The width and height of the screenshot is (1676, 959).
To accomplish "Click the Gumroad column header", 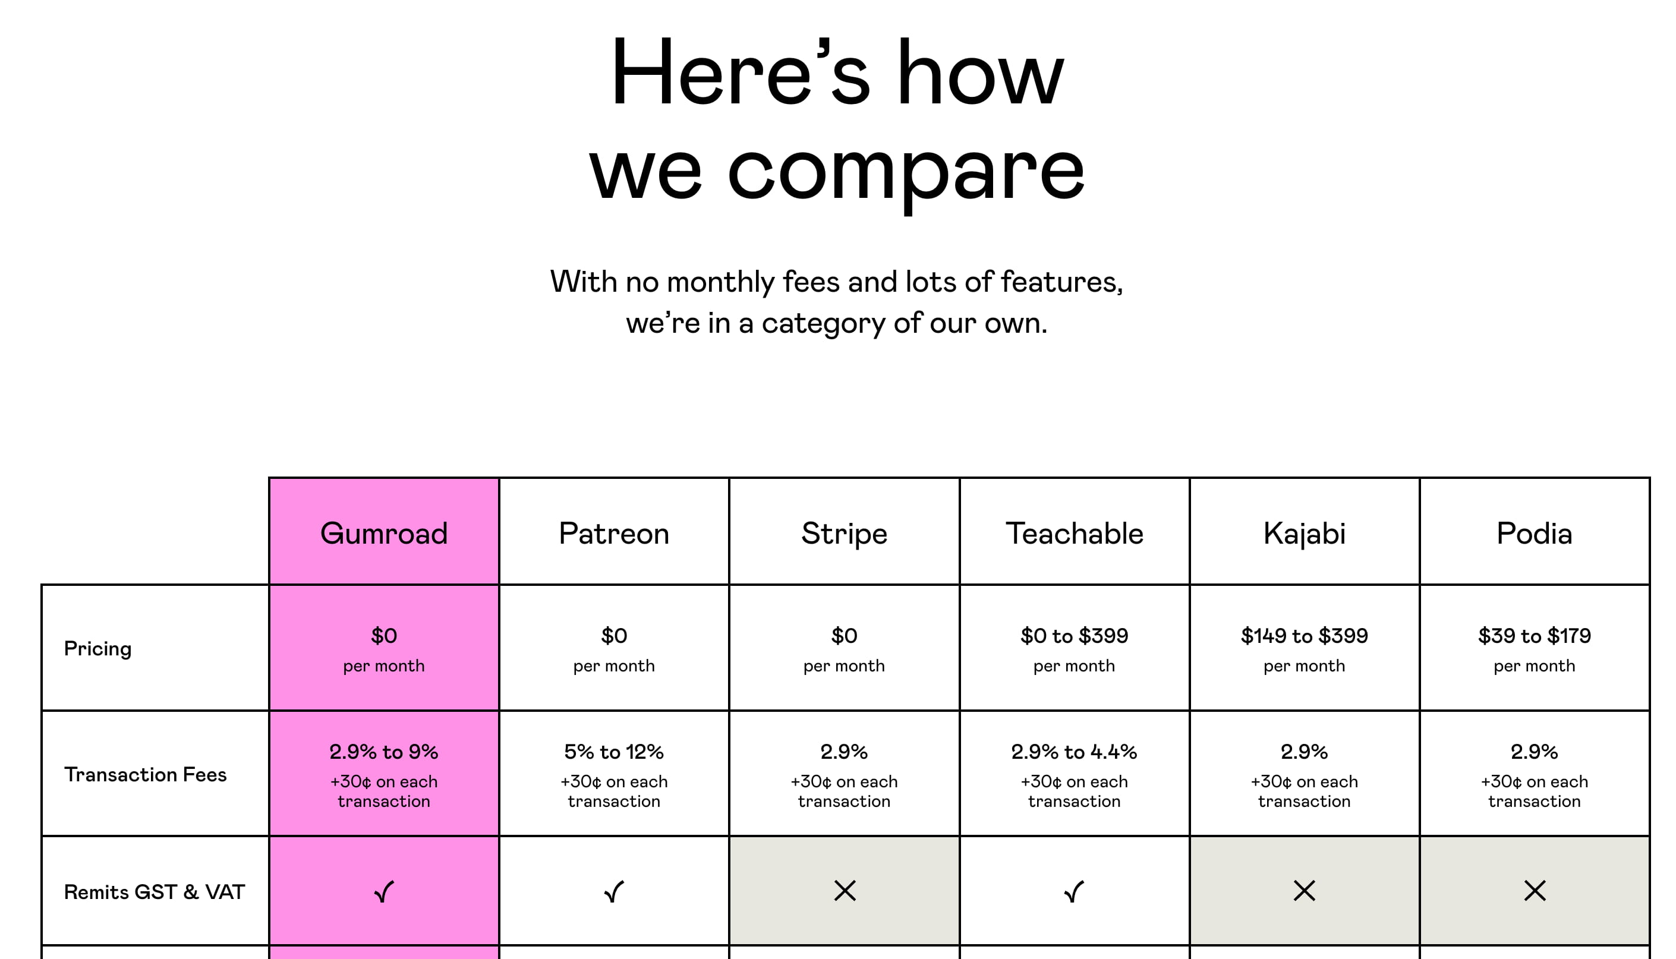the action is coord(383,534).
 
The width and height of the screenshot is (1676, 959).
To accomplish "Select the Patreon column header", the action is coord(614,534).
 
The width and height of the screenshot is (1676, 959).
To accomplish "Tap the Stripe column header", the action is coord(844,534).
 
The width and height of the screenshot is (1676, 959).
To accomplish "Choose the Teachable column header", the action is coord(1074,534).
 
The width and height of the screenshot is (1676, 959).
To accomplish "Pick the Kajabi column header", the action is coord(1305,534).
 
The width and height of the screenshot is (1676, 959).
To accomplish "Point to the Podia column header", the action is coord(1535,534).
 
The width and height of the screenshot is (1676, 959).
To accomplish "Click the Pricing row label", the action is coord(97,649).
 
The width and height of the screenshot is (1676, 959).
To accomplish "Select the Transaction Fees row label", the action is coord(145,775).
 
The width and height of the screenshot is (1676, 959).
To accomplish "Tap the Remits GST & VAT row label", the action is coord(154,892).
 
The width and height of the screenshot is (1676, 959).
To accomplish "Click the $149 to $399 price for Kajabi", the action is coord(1305,636).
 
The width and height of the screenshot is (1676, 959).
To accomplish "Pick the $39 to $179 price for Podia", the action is coord(1535,636).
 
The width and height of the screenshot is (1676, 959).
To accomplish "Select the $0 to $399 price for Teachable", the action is coord(1074,636).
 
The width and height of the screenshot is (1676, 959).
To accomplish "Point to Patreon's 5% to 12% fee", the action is coord(614,752).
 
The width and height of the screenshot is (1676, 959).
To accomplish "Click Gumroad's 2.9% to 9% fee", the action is coord(383,752).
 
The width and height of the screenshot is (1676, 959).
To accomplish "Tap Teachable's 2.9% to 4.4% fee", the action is coord(1074,752).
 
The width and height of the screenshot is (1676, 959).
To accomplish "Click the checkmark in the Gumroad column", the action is coord(383,892).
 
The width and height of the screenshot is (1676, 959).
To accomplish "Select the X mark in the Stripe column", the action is coord(845,891).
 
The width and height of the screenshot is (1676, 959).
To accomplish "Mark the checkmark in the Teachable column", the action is coord(1074,892).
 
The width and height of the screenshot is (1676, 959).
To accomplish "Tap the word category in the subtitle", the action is coord(824,324).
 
